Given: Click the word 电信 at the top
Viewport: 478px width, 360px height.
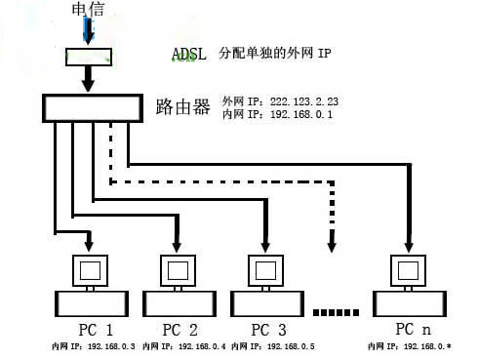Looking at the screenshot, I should [x=88, y=10].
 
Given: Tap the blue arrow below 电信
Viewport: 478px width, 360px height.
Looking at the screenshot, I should [x=89, y=32].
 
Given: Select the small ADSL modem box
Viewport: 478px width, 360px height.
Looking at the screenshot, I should [x=89, y=56].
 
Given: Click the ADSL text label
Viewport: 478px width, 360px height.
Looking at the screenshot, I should [x=190, y=54].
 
